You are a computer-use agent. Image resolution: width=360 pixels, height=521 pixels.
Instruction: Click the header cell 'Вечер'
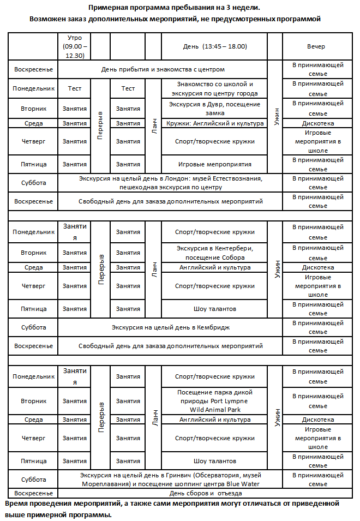point(317,47)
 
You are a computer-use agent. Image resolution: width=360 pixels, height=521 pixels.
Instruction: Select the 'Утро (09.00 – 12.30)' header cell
point(74,47)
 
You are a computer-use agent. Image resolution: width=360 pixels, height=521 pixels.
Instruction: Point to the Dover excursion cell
point(214,109)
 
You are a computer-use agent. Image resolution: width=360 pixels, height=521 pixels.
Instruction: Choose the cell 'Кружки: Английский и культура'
point(214,123)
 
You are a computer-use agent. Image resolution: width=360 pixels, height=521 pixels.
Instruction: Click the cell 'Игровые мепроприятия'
point(214,164)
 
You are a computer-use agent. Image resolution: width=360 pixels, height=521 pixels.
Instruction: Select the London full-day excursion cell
point(170,183)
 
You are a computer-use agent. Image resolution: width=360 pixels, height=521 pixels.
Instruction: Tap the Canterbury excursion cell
point(214,253)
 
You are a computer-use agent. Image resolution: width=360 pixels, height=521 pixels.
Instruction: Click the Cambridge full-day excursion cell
point(170,327)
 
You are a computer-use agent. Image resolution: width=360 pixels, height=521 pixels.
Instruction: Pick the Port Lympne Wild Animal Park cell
point(214,401)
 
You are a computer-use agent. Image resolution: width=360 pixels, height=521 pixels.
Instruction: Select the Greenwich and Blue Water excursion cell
point(170,480)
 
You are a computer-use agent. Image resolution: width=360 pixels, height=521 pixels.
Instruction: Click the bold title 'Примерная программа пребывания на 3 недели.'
point(174,8)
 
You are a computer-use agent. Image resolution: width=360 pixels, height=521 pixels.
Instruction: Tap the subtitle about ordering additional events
point(174,19)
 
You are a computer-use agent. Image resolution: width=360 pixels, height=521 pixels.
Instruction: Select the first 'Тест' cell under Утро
point(74,88)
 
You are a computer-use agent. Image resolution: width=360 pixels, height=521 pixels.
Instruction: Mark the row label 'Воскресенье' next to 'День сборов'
point(33,493)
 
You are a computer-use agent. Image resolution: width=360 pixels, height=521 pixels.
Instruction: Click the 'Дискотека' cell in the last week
point(317,420)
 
